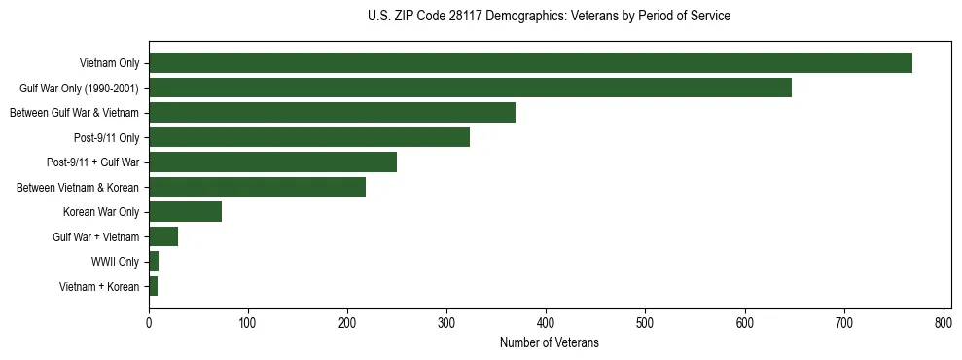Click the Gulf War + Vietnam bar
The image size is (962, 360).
tap(163, 236)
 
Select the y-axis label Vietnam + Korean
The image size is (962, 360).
tap(99, 286)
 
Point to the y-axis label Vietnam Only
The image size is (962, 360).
tap(109, 64)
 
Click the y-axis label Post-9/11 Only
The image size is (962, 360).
tap(107, 138)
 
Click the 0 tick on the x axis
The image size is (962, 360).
tap(149, 322)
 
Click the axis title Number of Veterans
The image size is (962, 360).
tap(549, 342)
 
